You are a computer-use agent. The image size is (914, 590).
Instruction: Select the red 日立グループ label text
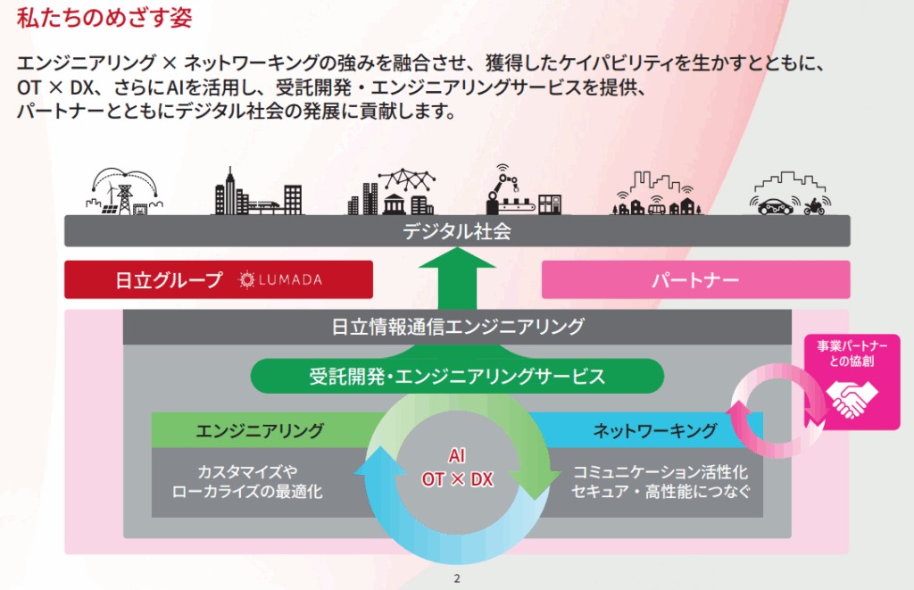click(169, 280)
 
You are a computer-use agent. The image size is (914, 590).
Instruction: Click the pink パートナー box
click(694, 280)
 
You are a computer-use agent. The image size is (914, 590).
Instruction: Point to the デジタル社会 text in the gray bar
click(456, 231)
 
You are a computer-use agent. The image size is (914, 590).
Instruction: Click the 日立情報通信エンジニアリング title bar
click(456, 327)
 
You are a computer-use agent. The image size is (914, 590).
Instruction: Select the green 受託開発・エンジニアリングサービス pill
click(456, 376)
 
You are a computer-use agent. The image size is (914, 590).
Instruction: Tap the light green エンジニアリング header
click(259, 430)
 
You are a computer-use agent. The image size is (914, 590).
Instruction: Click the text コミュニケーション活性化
click(661, 471)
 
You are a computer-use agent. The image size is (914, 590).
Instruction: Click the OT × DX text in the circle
click(456, 479)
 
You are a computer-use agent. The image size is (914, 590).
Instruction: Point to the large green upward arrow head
click(456, 262)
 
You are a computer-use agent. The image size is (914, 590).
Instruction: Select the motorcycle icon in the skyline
click(813, 207)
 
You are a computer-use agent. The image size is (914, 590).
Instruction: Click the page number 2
click(456, 578)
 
